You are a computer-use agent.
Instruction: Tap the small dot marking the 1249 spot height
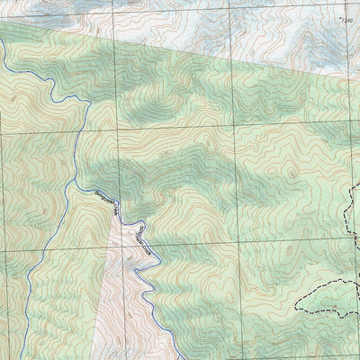[x=338, y=16]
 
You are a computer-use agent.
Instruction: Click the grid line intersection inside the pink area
[x=117, y=248]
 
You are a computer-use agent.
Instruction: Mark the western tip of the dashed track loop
[x=296, y=307]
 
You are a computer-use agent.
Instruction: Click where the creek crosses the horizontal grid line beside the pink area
[x=154, y=248]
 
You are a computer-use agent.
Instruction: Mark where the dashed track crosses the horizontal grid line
[x=347, y=247]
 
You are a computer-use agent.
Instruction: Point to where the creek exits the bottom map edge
[x=171, y=359]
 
